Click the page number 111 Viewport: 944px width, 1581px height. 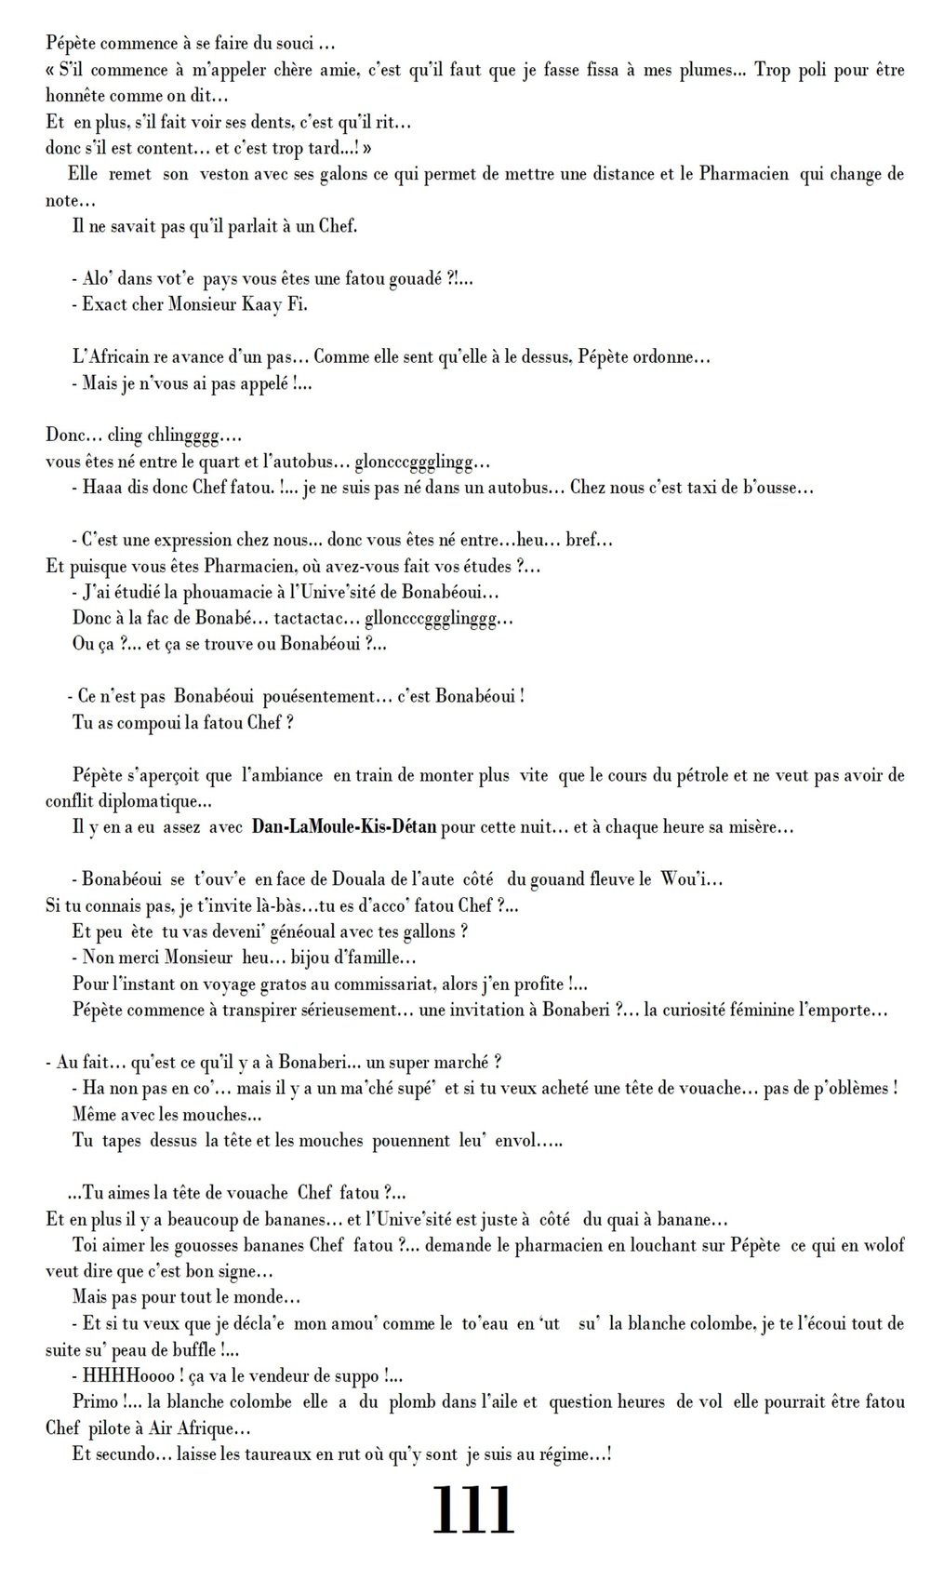[472, 1511]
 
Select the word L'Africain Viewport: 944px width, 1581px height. [109, 356]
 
